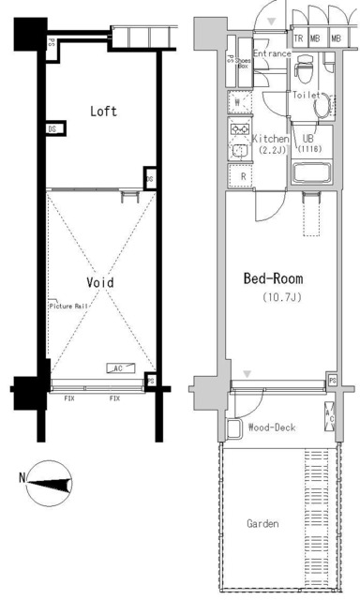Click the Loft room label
(103, 112)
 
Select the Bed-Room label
(273, 279)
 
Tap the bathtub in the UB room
(310, 172)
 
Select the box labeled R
(243, 175)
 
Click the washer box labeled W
(239, 101)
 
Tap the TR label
(298, 39)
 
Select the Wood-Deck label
(271, 427)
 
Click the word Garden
(262, 523)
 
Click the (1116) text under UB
(309, 149)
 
